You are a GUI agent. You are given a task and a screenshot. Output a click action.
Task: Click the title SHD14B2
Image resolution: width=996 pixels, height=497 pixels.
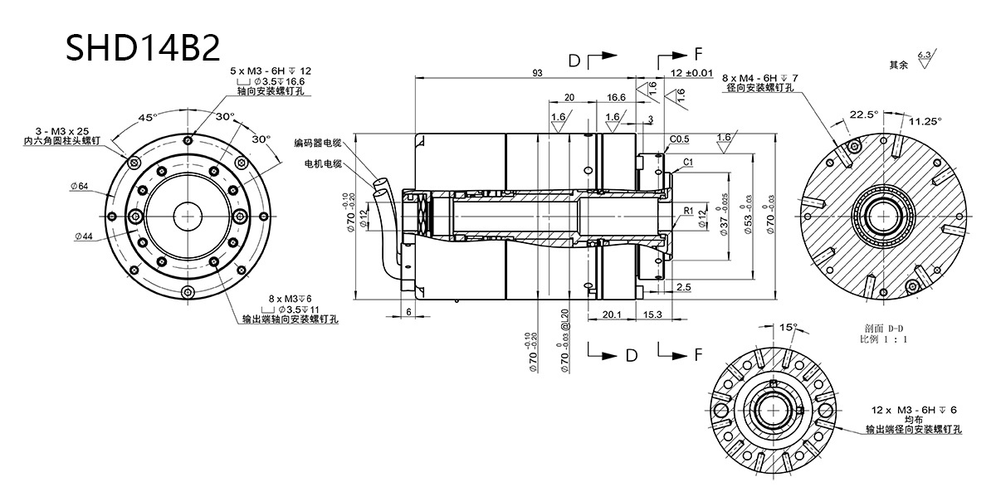coord(144,47)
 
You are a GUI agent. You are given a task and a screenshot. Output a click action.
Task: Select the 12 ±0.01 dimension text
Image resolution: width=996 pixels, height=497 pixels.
coord(691,73)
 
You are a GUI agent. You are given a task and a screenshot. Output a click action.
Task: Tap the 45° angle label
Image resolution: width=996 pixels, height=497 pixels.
coord(147,118)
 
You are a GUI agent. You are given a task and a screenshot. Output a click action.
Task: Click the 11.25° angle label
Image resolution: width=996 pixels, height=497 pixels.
coord(925,121)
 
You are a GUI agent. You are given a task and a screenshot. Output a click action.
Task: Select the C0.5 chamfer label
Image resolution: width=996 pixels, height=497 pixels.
coord(680,139)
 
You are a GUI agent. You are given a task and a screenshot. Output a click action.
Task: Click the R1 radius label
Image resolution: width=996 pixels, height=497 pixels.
coord(688,212)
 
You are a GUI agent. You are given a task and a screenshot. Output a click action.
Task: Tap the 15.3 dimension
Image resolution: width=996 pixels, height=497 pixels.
coord(652,314)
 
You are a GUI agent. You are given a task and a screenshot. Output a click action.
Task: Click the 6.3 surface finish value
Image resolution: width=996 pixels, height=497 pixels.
coord(924,55)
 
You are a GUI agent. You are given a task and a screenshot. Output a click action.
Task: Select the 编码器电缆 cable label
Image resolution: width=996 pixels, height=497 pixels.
coord(318,143)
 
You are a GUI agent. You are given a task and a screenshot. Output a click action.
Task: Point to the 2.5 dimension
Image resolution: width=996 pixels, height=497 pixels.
coord(683,287)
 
